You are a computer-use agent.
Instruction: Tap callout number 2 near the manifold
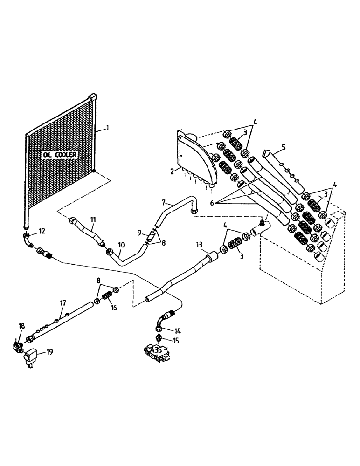172,171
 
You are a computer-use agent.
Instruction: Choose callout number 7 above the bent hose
164,203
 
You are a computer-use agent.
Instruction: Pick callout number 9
139,232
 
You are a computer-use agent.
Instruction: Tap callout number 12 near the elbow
42,231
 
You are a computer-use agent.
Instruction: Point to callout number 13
200,245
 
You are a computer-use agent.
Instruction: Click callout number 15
177,341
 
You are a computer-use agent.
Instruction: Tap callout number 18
21,326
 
